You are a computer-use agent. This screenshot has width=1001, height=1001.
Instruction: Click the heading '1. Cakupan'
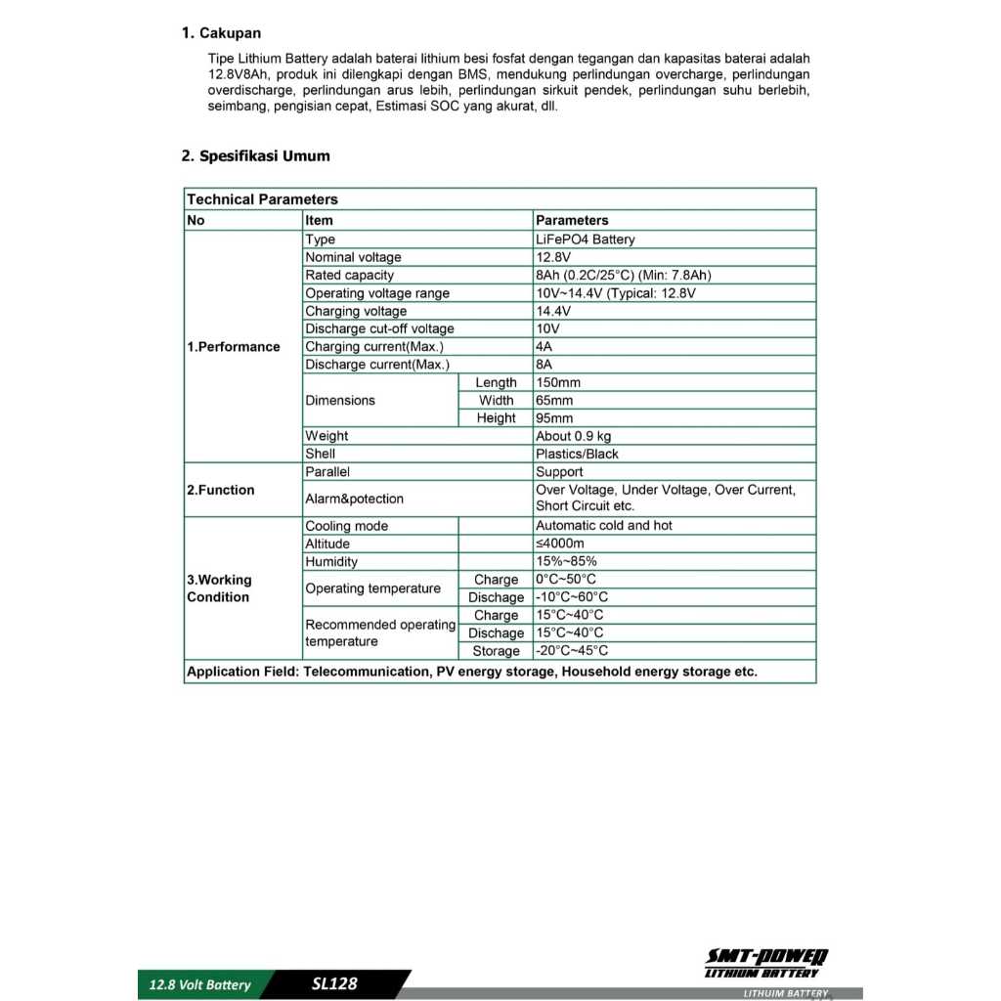point(221,33)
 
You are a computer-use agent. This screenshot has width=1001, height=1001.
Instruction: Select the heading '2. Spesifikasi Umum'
point(255,155)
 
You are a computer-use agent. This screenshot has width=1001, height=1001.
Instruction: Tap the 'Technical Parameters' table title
point(262,199)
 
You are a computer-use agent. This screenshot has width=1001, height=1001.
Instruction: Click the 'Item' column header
point(320,220)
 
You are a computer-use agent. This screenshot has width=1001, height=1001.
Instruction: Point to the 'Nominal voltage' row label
point(353,257)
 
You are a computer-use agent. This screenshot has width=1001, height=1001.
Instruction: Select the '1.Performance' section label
point(233,347)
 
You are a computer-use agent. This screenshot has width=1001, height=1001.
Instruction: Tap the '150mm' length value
point(557,382)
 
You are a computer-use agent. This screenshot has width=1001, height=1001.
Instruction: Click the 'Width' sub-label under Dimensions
point(496,400)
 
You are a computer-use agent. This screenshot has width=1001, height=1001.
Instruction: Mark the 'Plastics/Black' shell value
point(577,454)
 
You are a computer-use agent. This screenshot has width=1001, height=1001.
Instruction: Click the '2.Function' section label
point(220,490)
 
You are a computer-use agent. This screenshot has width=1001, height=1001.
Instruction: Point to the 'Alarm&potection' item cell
point(354,499)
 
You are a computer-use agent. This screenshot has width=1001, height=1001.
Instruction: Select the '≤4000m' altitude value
point(559,544)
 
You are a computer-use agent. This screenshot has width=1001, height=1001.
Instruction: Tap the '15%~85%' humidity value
point(566,561)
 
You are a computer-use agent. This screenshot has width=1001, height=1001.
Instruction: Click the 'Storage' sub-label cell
point(496,651)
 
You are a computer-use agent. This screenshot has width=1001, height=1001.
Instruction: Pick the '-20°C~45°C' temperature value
point(571,651)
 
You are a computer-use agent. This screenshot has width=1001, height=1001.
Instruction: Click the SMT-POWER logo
point(766,962)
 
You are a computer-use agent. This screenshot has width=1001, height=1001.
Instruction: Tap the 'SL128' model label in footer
point(334,983)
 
